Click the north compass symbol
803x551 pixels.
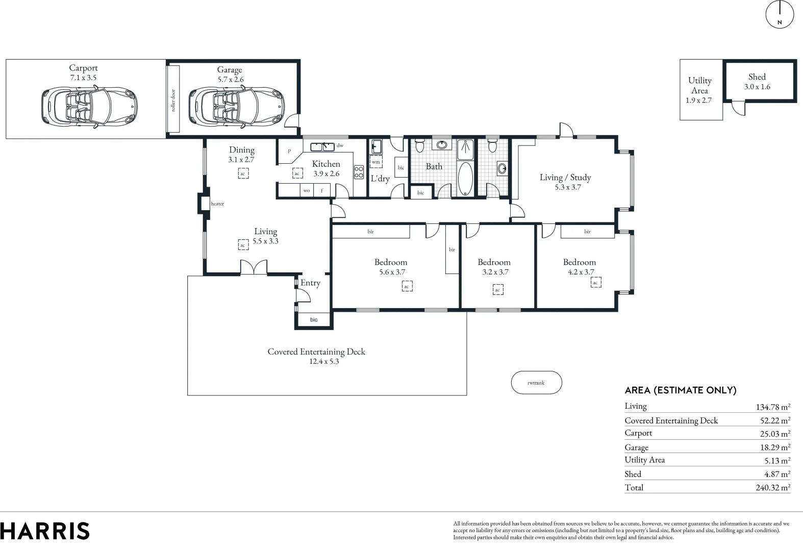780,14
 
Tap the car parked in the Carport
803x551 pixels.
89,106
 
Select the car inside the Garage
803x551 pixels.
237,106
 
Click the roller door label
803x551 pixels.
173,101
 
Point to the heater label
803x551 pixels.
217,204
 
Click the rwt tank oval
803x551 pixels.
536,383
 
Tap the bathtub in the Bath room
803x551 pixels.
465,179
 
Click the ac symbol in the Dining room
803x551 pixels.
243,173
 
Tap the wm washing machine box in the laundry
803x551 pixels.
376,162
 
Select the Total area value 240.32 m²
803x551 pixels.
772,488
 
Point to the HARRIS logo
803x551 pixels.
45,531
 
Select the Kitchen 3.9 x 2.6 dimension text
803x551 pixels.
326,173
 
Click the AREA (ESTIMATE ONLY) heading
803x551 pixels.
680,390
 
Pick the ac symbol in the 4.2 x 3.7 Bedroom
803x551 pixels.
595,283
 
